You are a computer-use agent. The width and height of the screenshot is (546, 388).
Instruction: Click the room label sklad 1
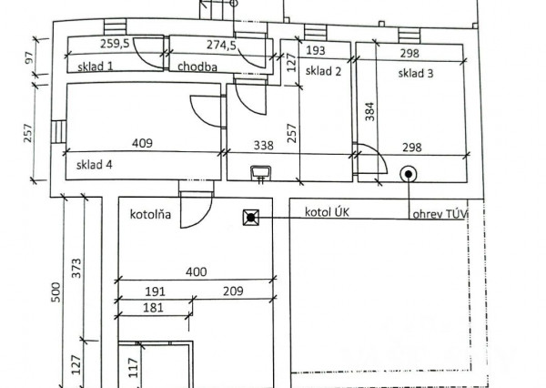click(x=95, y=66)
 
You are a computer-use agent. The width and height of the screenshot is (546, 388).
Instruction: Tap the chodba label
click(x=197, y=66)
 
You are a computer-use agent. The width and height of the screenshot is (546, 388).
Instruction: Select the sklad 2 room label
click(x=323, y=71)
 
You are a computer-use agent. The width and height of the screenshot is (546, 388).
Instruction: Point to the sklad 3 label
click(x=416, y=73)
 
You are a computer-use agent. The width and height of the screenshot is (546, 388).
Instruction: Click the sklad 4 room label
click(x=95, y=165)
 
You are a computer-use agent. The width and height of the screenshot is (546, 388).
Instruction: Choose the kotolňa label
click(x=150, y=214)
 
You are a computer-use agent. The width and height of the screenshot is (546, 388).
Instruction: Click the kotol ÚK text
click(x=327, y=212)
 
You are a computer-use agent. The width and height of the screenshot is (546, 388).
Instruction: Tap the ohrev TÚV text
click(x=439, y=214)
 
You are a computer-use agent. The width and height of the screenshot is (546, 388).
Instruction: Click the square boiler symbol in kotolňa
click(x=251, y=218)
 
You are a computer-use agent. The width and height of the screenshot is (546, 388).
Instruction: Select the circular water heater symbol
click(x=409, y=174)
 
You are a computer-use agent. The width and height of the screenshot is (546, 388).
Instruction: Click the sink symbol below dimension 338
click(x=261, y=172)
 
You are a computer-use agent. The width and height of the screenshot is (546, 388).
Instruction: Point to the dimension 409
click(x=142, y=143)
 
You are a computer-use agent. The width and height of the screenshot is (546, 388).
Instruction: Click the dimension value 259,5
click(x=115, y=44)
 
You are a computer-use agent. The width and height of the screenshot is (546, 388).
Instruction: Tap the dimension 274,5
click(x=221, y=45)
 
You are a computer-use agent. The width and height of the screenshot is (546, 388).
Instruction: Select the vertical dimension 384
click(x=370, y=111)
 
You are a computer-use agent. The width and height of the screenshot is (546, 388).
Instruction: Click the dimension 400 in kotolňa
click(x=196, y=271)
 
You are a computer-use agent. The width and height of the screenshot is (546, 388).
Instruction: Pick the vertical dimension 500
click(x=56, y=292)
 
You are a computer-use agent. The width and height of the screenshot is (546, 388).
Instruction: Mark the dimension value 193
click(x=316, y=51)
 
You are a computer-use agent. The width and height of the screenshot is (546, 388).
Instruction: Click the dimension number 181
click(x=153, y=308)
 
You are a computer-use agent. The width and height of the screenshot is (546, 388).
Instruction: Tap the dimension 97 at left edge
click(x=29, y=57)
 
